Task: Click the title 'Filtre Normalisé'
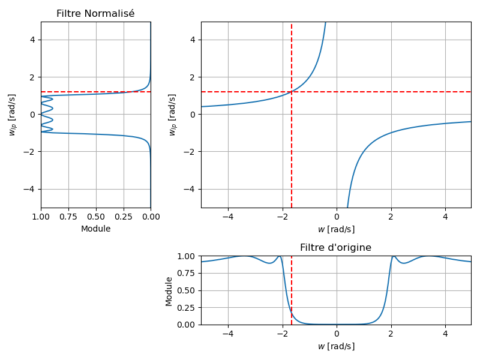(x=95, y=14)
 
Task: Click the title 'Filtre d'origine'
(x=335, y=248)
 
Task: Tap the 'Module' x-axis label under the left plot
(x=95, y=229)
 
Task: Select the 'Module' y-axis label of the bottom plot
(x=169, y=291)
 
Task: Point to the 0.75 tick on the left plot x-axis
(x=68, y=217)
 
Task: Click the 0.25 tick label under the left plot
(x=124, y=217)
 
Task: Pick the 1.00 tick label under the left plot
(x=41, y=217)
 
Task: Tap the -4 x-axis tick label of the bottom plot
(x=228, y=334)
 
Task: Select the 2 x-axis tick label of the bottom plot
(x=391, y=334)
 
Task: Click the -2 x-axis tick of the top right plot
(x=282, y=217)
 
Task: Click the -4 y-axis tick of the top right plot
(x=192, y=189)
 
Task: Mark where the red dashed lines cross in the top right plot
(x=292, y=92)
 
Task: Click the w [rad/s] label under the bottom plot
(x=335, y=346)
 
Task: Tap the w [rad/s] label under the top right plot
(x=335, y=229)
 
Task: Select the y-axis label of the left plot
(x=13, y=115)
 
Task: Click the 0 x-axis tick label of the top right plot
(x=337, y=217)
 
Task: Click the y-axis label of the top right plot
(x=172, y=115)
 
